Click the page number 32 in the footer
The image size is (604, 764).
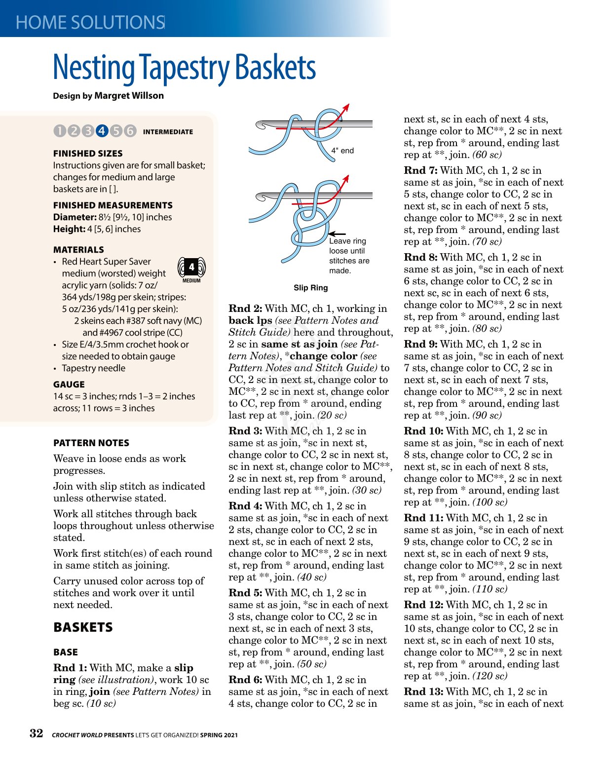[x=36, y=733]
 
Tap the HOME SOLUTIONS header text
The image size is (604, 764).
[x=90, y=23]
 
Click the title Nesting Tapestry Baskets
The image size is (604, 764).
[x=184, y=68]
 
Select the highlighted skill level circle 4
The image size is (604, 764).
[x=102, y=131]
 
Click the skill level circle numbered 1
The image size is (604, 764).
[x=59, y=131]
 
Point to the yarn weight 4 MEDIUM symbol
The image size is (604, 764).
[x=191, y=269]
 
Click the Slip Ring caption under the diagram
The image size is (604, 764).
[x=310, y=288]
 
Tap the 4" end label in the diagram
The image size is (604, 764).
[x=342, y=151]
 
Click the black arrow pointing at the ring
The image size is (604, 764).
[x=337, y=233]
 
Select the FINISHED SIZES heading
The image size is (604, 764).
[x=88, y=153]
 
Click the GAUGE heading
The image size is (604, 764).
[x=69, y=384]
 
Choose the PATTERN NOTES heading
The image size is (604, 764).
[x=91, y=443]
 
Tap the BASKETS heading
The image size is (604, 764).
[x=83, y=627]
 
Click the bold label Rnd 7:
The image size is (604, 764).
[x=420, y=170]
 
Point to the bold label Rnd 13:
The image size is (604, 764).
[x=423, y=691]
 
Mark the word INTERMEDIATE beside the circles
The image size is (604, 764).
[x=168, y=132]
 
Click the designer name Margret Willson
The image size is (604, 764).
[x=129, y=96]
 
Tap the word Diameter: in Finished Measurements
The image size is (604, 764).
[x=75, y=217]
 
